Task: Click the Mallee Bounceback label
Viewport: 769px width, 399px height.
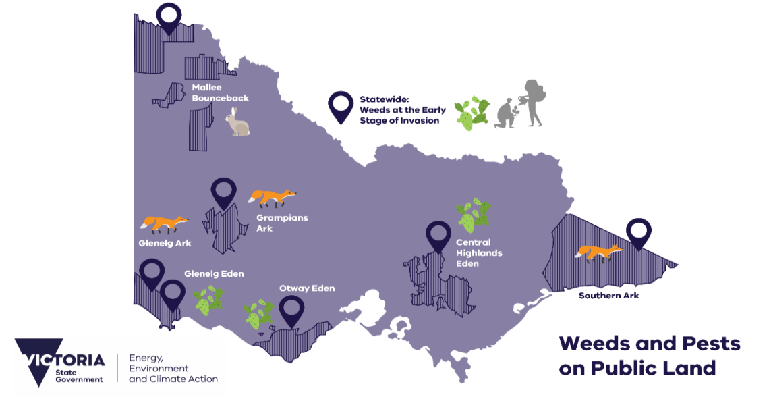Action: [x=220, y=92]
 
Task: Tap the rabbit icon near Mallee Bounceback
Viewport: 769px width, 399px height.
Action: [x=237, y=122]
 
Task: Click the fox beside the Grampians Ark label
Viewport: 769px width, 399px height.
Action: [x=272, y=197]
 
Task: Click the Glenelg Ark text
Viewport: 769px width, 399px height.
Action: [x=165, y=243]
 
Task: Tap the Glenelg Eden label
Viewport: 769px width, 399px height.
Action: [x=214, y=274]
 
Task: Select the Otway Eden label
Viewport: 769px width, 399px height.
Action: [x=307, y=288]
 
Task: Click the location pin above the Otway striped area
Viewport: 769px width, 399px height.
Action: [x=291, y=311]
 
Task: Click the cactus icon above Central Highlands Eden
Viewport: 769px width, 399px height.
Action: [x=474, y=215]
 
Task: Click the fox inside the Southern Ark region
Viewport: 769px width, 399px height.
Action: [x=598, y=252]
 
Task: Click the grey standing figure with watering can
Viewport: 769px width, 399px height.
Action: [x=532, y=102]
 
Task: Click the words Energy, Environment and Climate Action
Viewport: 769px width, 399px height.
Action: [x=173, y=369]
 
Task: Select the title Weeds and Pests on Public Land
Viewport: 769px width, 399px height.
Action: [x=649, y=355]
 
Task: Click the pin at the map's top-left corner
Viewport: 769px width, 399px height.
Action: [x=169, y=18]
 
